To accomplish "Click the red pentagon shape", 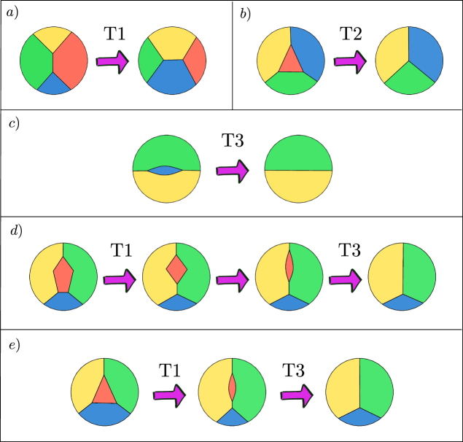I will tap(63, 275).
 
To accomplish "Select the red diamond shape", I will tap(176, 269).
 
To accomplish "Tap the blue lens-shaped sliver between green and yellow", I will tap(166, 171).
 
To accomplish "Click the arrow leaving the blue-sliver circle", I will tap(232, 171).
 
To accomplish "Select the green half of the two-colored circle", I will tap(298, 152).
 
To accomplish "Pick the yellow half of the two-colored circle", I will tap(298, 187).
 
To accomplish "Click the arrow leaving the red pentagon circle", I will tap(120, 279).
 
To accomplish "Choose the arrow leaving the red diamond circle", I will tap(232, 279).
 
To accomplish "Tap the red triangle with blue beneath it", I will tap(104, 392).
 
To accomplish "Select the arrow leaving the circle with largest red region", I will tap(112, 61).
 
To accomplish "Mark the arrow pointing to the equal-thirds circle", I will tap(349, 61).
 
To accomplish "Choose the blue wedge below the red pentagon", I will tap(63, 301).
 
